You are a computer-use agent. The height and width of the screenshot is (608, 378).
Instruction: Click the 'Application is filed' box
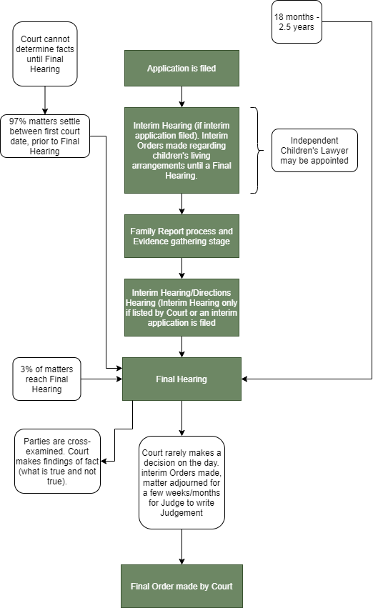181,68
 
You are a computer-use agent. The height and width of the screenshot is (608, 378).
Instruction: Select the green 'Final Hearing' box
181,379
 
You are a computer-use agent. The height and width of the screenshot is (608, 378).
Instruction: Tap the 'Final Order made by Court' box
181,586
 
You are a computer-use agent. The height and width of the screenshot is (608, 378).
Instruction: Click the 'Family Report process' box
181,236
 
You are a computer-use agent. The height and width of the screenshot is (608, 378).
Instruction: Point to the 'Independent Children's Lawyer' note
314,151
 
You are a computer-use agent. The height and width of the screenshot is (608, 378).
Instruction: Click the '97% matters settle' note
45,136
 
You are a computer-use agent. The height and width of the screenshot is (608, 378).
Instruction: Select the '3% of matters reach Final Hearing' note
46,379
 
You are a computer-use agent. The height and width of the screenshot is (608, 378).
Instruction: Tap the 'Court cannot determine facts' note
45,53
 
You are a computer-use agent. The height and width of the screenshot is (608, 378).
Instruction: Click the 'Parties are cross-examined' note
57,461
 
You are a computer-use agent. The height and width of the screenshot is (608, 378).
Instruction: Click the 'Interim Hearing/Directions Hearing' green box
181,307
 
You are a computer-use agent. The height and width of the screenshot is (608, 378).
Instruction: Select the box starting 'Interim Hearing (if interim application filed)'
181,150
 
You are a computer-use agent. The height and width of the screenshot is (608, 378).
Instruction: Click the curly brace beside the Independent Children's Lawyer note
254,151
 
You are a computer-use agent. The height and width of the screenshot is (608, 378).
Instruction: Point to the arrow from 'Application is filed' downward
181,96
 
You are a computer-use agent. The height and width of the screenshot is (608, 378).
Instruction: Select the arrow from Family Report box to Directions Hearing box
181,268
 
